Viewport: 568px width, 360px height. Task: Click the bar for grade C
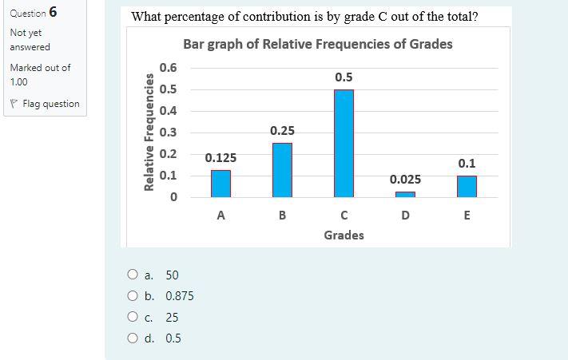click(x=344, y=143)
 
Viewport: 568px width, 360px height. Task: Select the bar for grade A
click(x=220, y=183)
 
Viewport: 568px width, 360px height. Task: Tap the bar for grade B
click(x=282, y=169)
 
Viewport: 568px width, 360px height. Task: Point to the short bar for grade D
click(x=405, y=194)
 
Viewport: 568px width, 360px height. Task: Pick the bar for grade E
click(x=467, y=186)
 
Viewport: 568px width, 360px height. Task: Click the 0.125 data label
click(x=220, y=158)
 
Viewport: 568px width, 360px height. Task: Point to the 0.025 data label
click(x=405, y=180)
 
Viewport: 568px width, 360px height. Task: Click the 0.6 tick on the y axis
click(x=168, y=68)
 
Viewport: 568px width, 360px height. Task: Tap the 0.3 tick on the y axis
click(x=168, y=133)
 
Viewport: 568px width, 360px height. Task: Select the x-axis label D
click(x=405, y=215)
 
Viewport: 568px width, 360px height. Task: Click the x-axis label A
click(x=220, y=215)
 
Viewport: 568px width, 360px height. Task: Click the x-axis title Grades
click(x=344, y=235)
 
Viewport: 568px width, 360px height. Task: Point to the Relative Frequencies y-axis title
click(x=149, y=133)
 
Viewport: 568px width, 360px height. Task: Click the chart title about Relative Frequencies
click(x=317, y=44)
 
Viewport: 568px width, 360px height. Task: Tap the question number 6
click(x=52, y=12)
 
